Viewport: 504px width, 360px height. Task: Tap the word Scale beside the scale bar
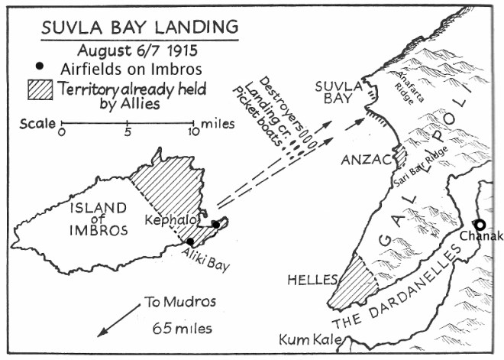37,122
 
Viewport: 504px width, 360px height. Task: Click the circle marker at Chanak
480,224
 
